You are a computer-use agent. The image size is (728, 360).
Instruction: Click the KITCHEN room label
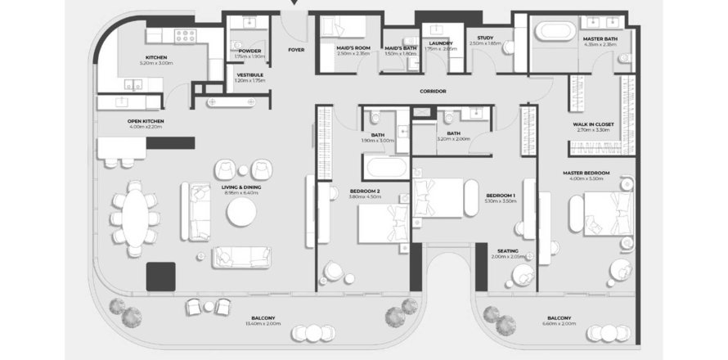coord(155,56)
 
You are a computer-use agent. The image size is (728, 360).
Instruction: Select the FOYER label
coord(296,50)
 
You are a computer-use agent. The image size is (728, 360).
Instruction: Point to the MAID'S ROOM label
coord(353,48)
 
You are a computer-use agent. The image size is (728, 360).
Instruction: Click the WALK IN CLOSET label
coord(595,124)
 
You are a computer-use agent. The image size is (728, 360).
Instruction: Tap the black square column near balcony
coord(160,277)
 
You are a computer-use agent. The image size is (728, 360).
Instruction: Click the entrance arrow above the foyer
coord(295,5)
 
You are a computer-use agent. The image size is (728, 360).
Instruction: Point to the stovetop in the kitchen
coord(185,37)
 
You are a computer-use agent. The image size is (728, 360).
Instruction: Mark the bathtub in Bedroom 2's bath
coord(384,169)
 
